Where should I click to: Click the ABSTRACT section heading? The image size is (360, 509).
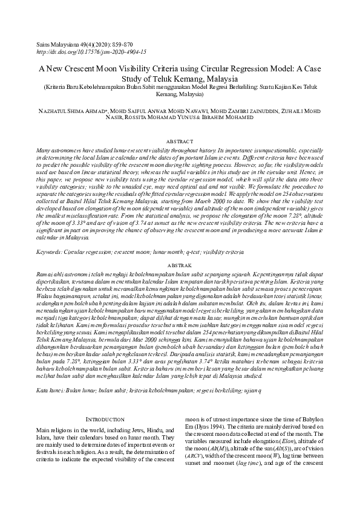[x=180, y=140]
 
